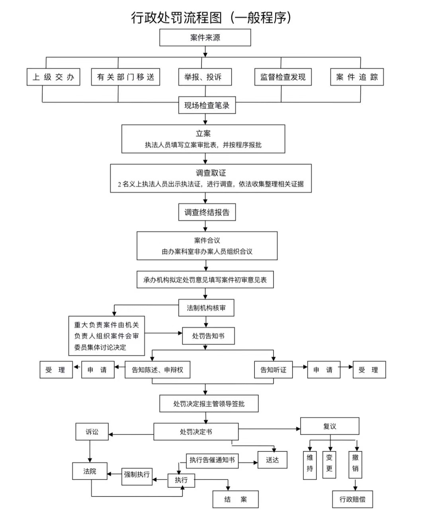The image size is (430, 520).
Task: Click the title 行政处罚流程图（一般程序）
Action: (x=211, y=18)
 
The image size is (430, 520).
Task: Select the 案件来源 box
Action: (x=205, y=38)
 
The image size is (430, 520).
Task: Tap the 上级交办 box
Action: (x=53, y=77)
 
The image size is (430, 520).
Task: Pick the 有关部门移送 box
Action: (x=125, y=77)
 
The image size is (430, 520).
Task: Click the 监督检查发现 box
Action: (x=283, y=77)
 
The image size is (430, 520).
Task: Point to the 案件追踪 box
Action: (x=357, y=77)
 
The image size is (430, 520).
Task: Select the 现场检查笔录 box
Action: (x=207, y=105)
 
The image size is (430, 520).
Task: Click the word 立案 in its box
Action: (x=203, y=134)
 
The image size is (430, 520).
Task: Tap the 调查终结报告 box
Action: (x=207, y=212)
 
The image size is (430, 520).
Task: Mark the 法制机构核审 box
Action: (x=206, y=308)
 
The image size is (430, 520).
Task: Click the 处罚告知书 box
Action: (x=208, y=336)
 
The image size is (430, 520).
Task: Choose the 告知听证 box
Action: (x=273, y=370)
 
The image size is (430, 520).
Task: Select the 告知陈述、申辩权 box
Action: (x=157, y=370)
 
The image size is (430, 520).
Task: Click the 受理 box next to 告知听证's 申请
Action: (x=369, y=370)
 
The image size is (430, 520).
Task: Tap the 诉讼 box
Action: (x=92, y=432)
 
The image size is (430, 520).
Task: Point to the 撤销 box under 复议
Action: (x=355, y=464)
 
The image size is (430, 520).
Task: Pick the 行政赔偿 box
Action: (x=352, y=499)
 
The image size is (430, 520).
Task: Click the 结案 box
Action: (x=235, y=500)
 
